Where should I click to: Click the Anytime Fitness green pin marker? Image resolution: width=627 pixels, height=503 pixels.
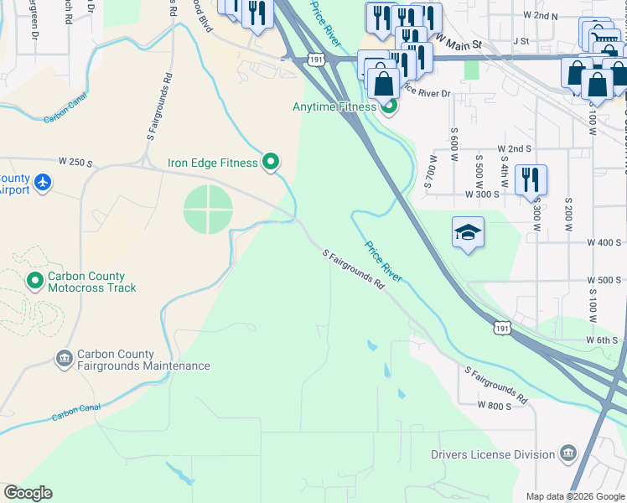387,106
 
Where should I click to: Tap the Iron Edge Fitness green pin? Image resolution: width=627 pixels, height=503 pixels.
270,163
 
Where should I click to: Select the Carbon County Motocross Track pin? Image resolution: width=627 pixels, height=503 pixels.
34,281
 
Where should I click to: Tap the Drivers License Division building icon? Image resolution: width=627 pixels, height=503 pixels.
568,454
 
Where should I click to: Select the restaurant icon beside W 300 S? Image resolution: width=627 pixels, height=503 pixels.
531,179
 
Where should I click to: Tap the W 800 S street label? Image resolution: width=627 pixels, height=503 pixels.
494,405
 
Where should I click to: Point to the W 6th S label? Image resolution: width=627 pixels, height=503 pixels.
602,340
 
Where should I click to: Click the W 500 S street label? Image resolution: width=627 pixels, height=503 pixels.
602,280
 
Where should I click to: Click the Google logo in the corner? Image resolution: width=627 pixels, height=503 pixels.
28,493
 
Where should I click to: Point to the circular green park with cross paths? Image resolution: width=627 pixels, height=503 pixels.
208,210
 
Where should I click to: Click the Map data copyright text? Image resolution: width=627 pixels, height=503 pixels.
573,496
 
